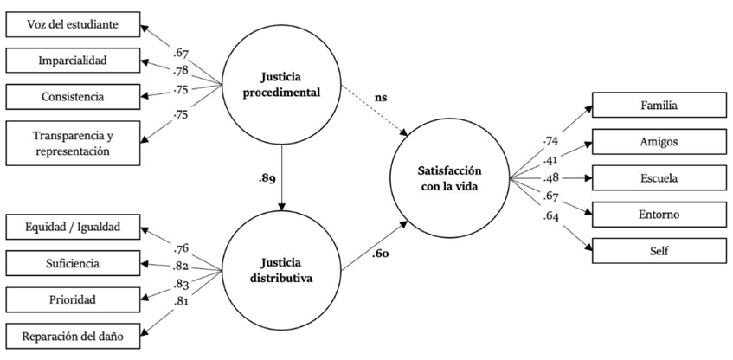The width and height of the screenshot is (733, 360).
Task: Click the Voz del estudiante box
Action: (x=73, y=26)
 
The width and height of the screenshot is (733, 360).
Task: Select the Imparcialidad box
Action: (x=73, y=61)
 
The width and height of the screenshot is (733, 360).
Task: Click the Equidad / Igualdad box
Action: (x=73, y=228)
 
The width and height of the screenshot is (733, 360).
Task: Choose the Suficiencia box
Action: (x=73, y=263)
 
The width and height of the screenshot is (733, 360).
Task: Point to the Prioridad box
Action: (x=73, y=299)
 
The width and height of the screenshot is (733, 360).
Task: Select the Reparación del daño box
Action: (x=73, y=337)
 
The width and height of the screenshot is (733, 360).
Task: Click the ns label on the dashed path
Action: (x=381, y=98)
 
